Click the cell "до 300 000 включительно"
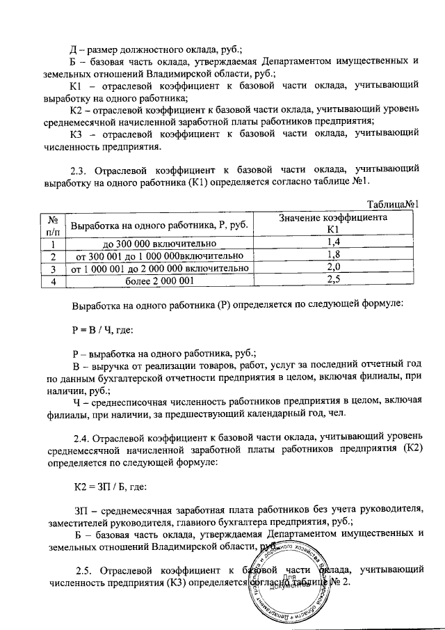point(161,243)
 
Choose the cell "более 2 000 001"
point(161,281)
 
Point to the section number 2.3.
point(82,168)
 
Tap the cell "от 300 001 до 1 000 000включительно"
point(161,255)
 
